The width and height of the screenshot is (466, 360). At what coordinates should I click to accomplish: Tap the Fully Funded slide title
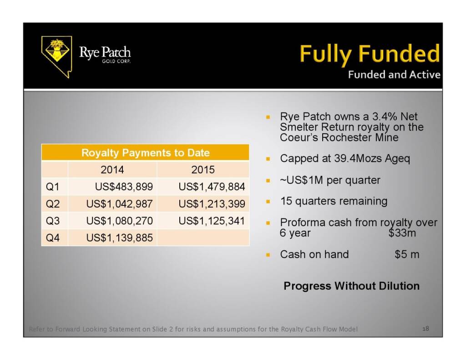pyautogui.click(x=370, y=54)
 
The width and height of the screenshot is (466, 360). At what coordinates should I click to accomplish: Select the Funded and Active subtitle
pyautogui.click(x=394, y=74)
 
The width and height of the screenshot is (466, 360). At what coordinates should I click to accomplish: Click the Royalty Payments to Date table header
pyautogui.click(x=145, y=152)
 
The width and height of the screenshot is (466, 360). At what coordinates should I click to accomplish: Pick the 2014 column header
pyautogui.click(x=112, y=169)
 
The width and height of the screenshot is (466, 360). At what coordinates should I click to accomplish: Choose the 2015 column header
pyautogui.click(x=203, y=169)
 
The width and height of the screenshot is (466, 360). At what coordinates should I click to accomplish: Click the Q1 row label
pyautogui.click(x=53, y=187)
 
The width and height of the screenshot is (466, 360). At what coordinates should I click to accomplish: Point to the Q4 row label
pyautogui.click(x=53, y=238)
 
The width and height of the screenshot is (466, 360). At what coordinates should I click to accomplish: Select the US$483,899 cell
pyautogui.click(x=124, y=187)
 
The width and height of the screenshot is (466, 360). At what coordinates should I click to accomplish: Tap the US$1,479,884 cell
pyautogui.click(x=212, y=187)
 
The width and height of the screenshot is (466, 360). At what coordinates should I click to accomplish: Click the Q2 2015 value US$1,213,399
pyautogui.click(x=212, y=204)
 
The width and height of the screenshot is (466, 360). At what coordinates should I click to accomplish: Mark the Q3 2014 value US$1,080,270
pyautogui.click(x=120, y=221)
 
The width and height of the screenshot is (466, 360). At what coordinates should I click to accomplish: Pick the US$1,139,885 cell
pyautogui.click(x=120, y=238)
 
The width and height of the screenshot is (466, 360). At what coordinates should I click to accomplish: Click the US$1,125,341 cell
pyautogui.click(x=212, y=221)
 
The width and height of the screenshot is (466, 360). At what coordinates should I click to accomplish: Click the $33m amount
pyautogui.click(x=402, y=233)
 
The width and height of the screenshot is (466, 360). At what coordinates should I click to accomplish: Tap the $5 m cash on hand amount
pyautogui.click(x=407, y=254)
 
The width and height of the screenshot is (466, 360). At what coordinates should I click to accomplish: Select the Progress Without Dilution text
pyautogui.click(x=352, y=286)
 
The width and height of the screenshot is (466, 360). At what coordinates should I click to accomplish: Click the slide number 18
pyautogui.click(x=425, y=329)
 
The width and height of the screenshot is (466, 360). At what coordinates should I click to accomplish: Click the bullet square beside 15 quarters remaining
pyautogui.click(x=268, y=202)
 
